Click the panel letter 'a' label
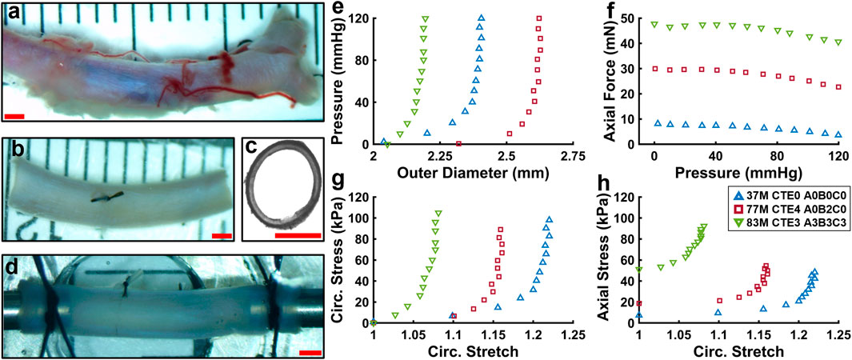[14, 14]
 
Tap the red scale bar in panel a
[14, 116]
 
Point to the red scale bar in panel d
[310, 351]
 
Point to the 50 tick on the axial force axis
[639, 18]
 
